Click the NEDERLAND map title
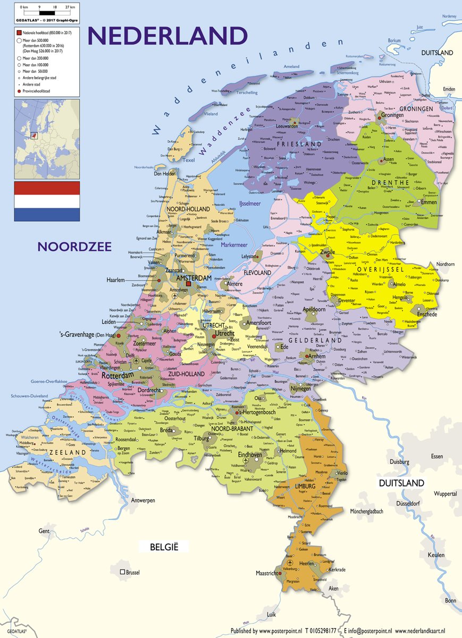167,36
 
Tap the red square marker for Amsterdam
188,284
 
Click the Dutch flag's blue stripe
47,214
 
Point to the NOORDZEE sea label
74,246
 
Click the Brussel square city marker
123,572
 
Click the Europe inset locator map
47,137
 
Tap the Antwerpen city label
143,500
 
